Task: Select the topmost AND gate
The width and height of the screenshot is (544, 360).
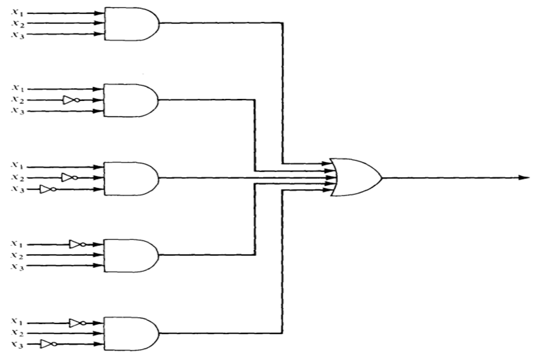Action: coord(130,24)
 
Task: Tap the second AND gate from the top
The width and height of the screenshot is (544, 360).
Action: coord(130,100)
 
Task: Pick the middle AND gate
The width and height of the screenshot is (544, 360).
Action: coord(130,178)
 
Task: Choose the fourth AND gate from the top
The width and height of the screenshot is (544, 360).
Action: coord(130,255)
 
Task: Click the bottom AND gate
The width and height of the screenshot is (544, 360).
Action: coord(130,333)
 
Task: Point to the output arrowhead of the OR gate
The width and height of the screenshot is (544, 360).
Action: coord(523,177)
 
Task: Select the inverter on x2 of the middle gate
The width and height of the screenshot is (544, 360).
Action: coord(69,178)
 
